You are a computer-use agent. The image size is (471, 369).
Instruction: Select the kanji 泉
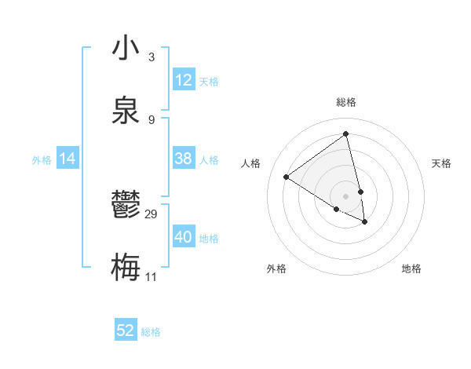126,108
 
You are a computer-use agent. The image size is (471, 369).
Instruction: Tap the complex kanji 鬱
126,206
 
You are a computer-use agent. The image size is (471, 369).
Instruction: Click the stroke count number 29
152,214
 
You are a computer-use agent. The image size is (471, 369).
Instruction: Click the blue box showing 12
184,80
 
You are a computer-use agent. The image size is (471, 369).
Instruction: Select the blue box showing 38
184,159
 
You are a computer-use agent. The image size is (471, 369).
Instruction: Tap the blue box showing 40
184,237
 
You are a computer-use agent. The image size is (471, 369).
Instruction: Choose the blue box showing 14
68,159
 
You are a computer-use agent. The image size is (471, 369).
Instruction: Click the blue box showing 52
126,331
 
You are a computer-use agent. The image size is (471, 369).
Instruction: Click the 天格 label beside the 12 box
209,82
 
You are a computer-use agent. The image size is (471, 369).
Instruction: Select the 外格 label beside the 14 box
42,160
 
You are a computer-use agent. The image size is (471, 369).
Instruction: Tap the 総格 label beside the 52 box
151,332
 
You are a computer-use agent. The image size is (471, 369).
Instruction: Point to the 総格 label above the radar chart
346,102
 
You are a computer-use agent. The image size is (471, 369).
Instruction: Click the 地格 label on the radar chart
411,269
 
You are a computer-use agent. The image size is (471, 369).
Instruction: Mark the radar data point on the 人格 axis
287,177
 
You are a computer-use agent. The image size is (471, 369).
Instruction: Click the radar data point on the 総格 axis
346,134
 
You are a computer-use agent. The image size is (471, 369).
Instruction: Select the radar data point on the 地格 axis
365,222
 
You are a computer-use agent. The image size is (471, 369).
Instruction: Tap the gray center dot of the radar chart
346,195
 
